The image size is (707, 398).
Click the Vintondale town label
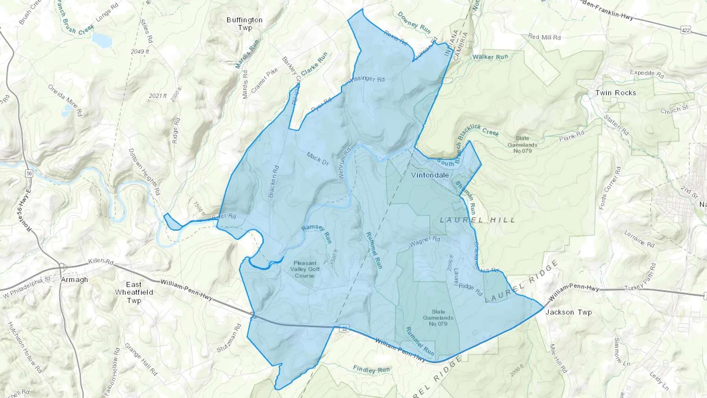pyautogui.click(x=430, y=175)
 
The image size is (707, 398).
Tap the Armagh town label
pyautogui.click(x=75, y=280)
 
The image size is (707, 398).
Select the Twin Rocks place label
pyautogui.click(x=615, y=93)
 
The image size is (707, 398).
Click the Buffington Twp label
pyautogui.click(x=244, y=24)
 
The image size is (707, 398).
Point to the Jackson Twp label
pyautogui.click(x=568, y=312)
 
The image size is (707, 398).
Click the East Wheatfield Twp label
pyautogui.click(x=134, y=292)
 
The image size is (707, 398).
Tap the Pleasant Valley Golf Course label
pyautogui.click(x=305, y=269)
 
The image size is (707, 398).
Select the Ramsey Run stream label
pyautogui.click(x=317, y=234)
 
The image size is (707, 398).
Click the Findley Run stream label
pyautogui.click(x=371, y=369)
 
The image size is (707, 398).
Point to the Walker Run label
pyautogui.click(x=490, y=57)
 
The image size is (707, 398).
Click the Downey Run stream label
pyautogui.click(x=414, y=22)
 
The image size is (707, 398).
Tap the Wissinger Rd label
pyautogui.click(x=366, y=79)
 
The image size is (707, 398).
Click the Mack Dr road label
pyautogui.click(x=317, y=159)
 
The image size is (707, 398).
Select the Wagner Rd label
pyautogui.click(x=425, y=242)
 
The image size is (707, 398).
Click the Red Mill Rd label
pyautogui.click(x=544, y=37)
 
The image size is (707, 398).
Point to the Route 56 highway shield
pyautogui.click(x=29, y=173)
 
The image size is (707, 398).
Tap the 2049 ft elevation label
pyautogui.click(x=140, y=51)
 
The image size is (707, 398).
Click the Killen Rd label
pyautogui.click(x=101, y=261)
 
